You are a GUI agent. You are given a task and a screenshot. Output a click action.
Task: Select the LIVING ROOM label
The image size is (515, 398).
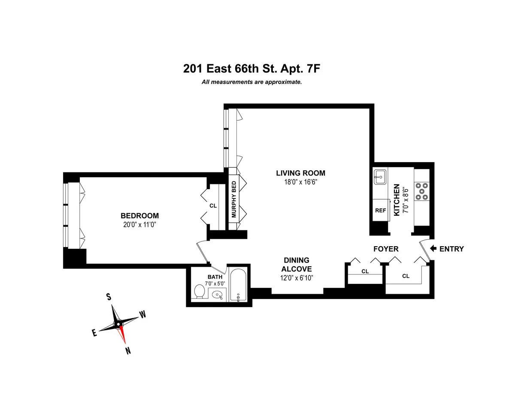pyautogui.click(x=300, y=173)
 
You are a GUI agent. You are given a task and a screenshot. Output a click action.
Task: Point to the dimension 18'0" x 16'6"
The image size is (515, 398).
pyautogui.click(x=300, y=182)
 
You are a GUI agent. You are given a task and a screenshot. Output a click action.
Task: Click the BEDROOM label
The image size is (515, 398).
pyautogui.click(x=139, y=216)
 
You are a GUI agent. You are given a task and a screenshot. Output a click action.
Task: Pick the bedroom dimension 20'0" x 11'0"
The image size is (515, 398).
pyautogui.click(x=139, y=224)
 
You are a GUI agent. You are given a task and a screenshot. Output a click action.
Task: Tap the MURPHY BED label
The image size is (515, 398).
pyautogui.click(x=234, y=199)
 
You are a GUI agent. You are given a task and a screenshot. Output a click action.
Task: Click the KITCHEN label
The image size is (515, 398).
pyautogui.click(x=397, y=200)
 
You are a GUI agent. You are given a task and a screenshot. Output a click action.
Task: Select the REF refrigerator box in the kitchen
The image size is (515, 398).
pyautogui.click(x=380, y=211)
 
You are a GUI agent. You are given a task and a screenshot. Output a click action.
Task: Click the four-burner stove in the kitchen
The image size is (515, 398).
pyautogui.click(x=421, y=191)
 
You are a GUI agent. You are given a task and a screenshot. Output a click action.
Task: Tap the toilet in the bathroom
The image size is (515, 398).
pyautogui.click(x=199, y=291)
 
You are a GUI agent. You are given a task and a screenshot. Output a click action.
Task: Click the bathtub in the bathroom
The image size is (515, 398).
pyautogui.click(x=238, y=285)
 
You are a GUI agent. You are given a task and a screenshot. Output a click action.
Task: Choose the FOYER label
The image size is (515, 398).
pyautogui.click(x=386, y=249)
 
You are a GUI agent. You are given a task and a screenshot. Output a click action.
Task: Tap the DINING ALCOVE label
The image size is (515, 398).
pyautogui.click(x=296, y=265)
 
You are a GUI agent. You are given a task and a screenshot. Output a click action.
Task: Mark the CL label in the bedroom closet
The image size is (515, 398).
pyautogui.click(x=213, y=205)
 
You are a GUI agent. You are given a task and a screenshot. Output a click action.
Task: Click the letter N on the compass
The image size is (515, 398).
pyautogui.click(x=128, y=351)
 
